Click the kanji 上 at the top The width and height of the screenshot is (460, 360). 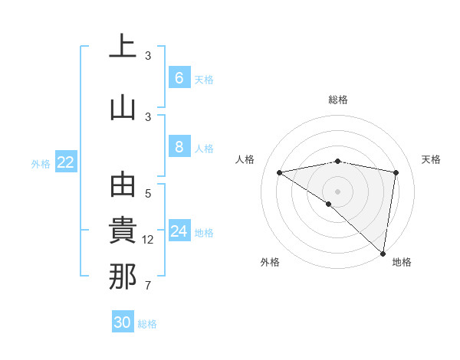point(123,47)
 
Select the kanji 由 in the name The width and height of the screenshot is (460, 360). point(123,186)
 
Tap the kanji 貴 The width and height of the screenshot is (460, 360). point(123,231)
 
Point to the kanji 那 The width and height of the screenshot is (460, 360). point(123,277)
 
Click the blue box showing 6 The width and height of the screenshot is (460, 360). point(179,78)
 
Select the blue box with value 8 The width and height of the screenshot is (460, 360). point(179,148)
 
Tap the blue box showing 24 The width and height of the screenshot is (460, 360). point(179,231)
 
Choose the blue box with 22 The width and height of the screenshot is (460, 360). point(66,162)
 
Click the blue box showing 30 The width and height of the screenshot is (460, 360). point(123,322)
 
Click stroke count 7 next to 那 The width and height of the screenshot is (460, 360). point(148,286)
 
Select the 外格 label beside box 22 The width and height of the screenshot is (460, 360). point(41,163)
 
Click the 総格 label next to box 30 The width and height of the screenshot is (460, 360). point(147,324)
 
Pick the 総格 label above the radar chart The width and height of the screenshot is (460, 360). point(338,100)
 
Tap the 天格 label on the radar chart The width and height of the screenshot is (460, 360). point(432,159)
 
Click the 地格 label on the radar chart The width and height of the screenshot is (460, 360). point(402,262)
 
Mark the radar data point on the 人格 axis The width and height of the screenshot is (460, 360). point(279,172)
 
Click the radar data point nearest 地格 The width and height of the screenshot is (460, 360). point(383,253)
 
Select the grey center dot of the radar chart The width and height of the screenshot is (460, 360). point(337,191)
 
